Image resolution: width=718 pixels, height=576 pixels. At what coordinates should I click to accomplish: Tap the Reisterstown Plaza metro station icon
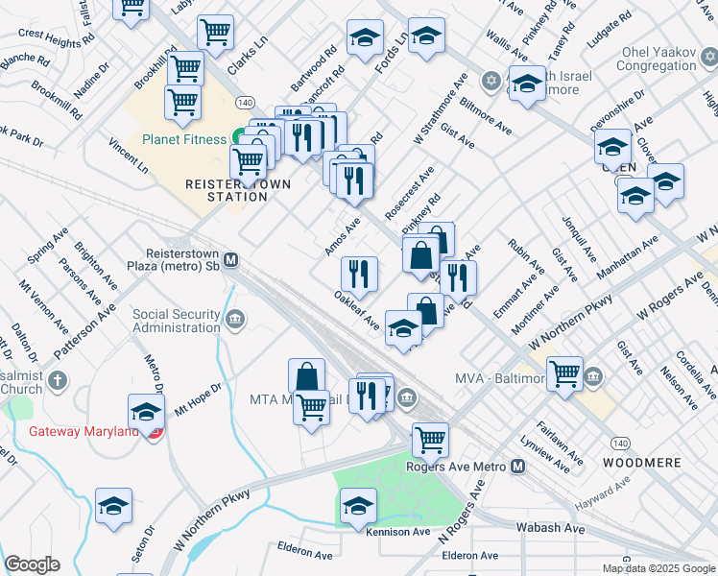[231, 259]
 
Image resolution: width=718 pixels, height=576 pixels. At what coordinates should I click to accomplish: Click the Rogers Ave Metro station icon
[518, 467]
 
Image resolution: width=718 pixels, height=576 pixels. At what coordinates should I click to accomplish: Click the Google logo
[32, 564]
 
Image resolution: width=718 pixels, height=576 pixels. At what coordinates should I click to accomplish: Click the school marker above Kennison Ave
[358, 504]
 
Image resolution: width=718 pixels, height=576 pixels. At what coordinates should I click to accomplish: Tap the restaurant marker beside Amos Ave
[359, 273]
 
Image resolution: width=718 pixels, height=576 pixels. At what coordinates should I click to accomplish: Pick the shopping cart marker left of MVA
[564, 373]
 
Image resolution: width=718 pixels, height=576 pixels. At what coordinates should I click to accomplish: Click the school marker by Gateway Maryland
[146, 412]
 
